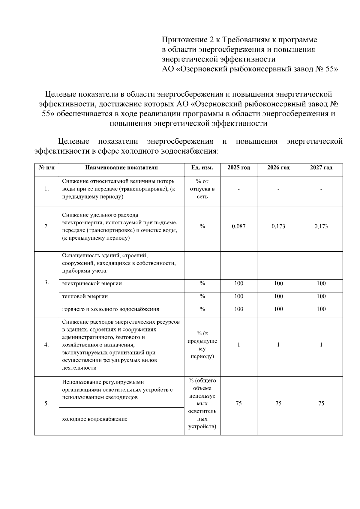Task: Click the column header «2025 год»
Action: point(238,168)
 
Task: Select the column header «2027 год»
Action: point(321,168)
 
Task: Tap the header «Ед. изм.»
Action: point(202,168)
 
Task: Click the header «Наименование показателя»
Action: point(121,168)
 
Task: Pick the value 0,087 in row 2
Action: point(238,226)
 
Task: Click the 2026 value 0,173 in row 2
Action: point(278,226)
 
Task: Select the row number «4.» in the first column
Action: point(46,345)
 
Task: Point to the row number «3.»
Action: point(46,282)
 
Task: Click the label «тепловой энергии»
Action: point(85,296)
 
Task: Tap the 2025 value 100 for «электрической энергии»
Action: point(238,283)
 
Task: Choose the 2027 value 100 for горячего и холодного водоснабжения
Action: point(321,309)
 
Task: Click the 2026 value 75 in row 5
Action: point(278,403)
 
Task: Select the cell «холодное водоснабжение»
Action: point(95,419)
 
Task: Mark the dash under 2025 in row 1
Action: point(238,189)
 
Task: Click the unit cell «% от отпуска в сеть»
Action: point(202,189)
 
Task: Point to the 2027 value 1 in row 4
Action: point(321,345)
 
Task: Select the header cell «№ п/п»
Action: point(46,168)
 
